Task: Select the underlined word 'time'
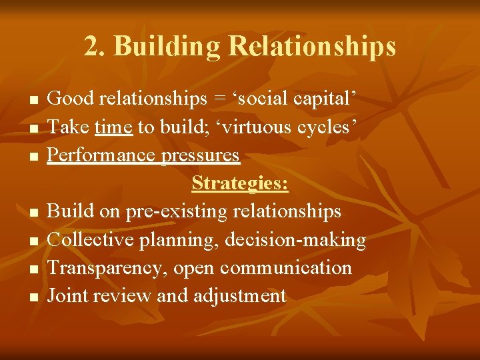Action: click(113, 127)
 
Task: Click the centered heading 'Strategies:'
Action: click(240, 183)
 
